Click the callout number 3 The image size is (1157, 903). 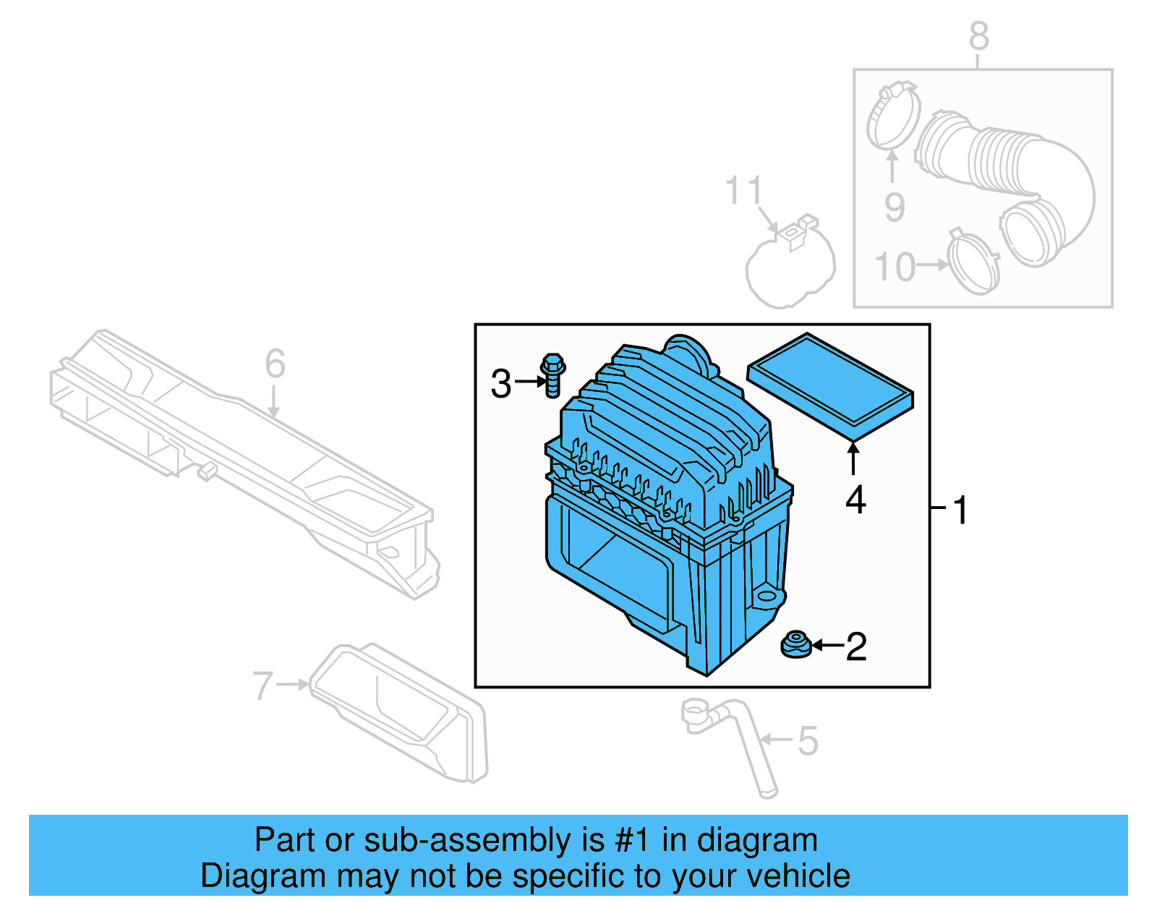click(x=500, y=384)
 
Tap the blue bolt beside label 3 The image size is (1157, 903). click(x=552, y=375)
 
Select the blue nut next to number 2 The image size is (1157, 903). click(x=796, y=644)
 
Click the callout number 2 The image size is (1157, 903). click(x=856, y=646)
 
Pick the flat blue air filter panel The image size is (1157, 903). click(x=830, y=386)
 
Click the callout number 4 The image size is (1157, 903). click(x=855, y=500)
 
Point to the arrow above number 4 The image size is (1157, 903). click(x=854, y=458)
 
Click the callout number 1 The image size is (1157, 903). click(x=960, y=510)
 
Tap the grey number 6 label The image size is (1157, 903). click(x=275, y=364)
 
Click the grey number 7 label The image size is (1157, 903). click(x=262, y=685)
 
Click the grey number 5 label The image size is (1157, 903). click(x=808, y=741)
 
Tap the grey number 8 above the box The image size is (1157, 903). click(x=978, y=35)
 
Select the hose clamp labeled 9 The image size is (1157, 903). click(x=892, y=116)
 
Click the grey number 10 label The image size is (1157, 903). click(x=895, y=268)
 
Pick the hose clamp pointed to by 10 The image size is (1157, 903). click(x=973, y=263)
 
